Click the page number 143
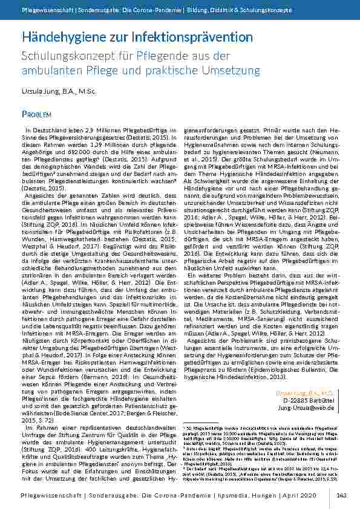pyautogui.click(x=341, y=495)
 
